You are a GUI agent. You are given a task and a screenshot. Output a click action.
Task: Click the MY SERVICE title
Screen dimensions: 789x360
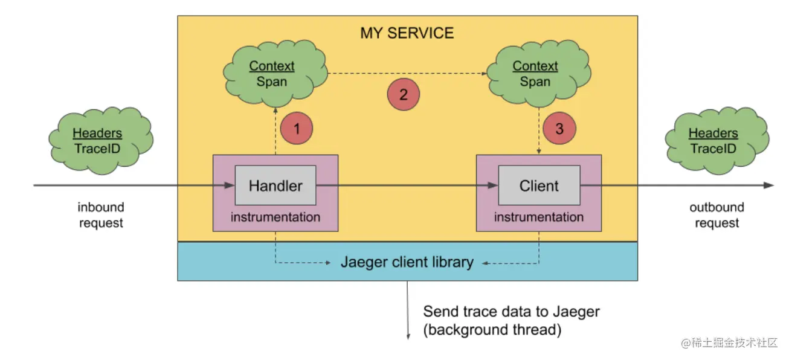point(407,33)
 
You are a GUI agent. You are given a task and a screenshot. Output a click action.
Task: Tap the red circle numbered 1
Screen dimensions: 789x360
point(297,128)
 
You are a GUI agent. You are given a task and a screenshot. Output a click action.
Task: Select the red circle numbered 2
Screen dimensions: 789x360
point(404,94)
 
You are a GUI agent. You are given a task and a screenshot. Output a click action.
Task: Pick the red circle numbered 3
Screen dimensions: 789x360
point(559,128)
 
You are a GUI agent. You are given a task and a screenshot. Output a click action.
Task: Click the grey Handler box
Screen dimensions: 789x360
point(275,185)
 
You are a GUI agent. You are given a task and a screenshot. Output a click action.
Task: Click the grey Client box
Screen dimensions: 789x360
point(539,185)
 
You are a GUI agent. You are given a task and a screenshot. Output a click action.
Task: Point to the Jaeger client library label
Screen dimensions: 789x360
point(407,262)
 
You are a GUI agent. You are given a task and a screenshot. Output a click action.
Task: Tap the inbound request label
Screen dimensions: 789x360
point(101,215)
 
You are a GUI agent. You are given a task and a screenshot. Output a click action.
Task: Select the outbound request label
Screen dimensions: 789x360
point(717,215)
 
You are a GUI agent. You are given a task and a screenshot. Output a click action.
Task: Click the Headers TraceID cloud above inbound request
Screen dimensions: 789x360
point(101,141)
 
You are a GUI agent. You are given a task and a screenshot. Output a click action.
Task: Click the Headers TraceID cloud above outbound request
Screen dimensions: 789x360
point(717,141)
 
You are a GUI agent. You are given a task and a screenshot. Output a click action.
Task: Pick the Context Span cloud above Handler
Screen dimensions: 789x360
point(275,74)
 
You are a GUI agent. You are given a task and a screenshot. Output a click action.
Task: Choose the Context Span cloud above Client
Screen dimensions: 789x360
point(539,74)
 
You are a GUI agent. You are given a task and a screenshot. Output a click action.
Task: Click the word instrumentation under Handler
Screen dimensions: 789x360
point(275,217)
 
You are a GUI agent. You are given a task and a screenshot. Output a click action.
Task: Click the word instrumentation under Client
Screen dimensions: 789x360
point(539,217)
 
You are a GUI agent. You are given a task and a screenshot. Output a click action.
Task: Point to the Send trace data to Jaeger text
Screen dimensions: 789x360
point(511,312)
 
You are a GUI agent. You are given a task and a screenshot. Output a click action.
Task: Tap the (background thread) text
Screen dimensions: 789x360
point(492,330)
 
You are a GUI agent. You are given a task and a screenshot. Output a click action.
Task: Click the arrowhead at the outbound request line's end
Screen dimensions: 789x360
point(768,185)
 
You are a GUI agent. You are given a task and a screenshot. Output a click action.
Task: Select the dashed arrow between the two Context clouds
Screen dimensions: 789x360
point(407,74)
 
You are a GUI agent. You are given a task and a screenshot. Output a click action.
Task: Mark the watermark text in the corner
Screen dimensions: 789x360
point(729,342)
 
